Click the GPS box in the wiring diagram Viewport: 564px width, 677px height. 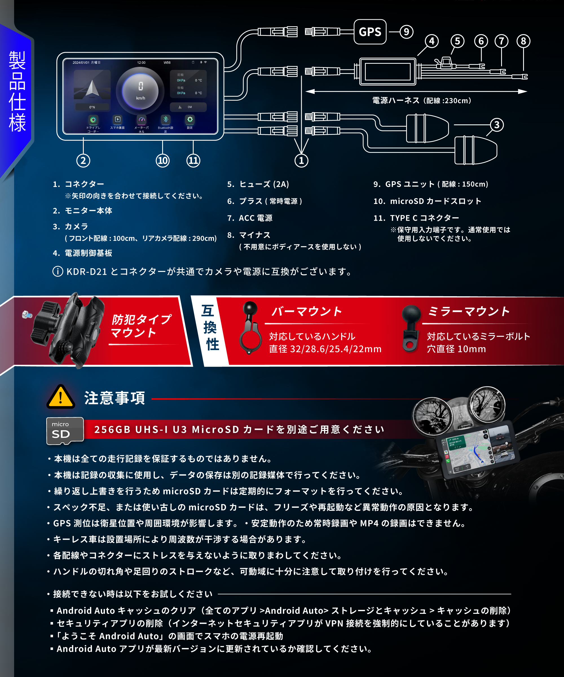click(370, 32)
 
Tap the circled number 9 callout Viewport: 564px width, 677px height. click(406, 32)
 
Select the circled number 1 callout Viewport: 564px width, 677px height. click(301, 160)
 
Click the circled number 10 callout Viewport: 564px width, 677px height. click(162, 160)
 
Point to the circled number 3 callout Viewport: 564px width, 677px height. click(497, 125)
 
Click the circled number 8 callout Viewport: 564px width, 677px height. click(523, 41)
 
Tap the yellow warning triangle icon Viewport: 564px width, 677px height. click(61, 397)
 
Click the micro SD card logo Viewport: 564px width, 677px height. click(65, 431)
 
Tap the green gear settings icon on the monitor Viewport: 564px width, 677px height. click(190, 120)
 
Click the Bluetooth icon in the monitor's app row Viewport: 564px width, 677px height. click(166, 120)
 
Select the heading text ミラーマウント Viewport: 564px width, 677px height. click(469, 311)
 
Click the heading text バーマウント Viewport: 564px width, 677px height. click(307, 311)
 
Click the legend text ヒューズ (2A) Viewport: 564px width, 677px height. click(264, 184)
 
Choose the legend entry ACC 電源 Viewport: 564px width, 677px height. click(255, 218)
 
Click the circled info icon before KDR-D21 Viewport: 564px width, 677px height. click(58, 271)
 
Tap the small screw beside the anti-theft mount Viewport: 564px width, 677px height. click(26, 314)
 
